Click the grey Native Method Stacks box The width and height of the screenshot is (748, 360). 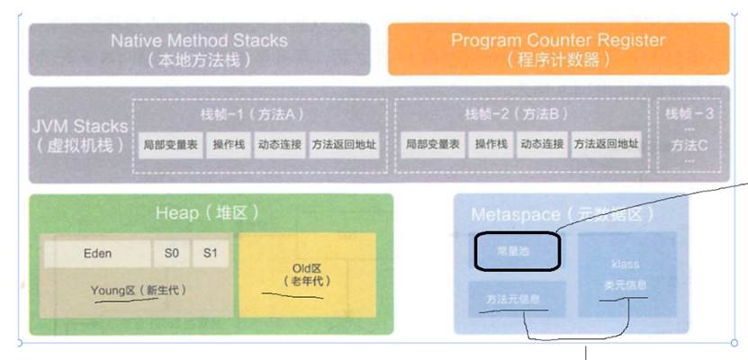(199, 49)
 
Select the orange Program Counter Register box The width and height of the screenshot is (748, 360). (558, 49)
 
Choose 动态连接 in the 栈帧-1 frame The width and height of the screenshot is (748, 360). (280, 144)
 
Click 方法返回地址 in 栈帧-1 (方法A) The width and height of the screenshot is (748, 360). (344, 144)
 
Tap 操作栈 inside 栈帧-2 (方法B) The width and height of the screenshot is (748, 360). (492, 144)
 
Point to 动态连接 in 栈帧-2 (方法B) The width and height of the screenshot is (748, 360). (542, 144)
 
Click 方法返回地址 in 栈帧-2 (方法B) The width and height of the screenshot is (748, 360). (606, 144)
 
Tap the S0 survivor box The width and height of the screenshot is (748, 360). (171, 253)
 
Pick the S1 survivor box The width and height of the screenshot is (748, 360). (210, 253)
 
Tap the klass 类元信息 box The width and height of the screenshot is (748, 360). (626, 274)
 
